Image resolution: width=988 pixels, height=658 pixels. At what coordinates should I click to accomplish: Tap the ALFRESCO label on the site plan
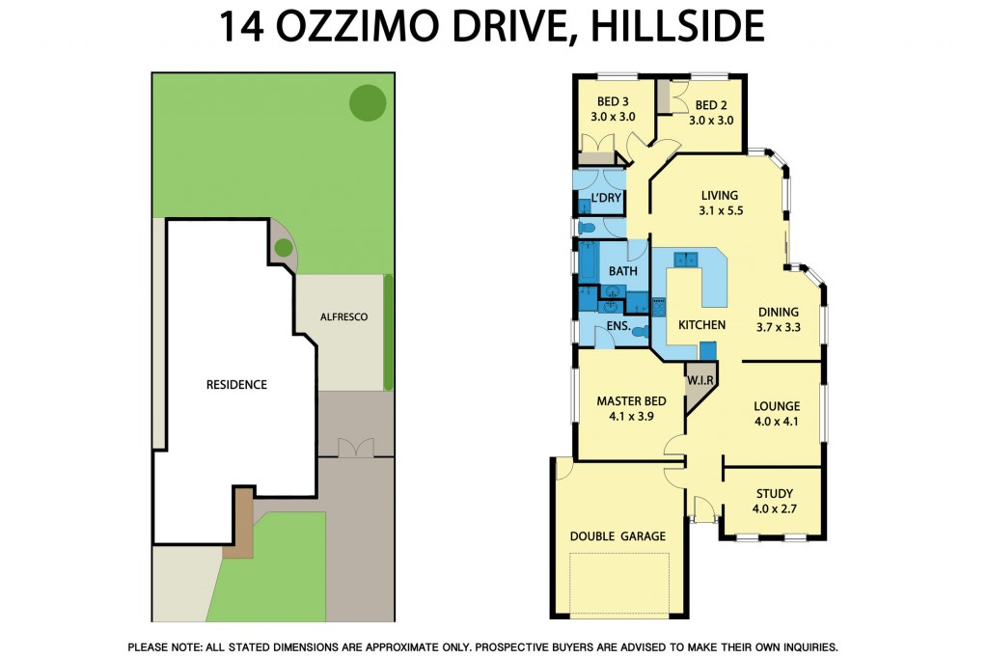(343, 316)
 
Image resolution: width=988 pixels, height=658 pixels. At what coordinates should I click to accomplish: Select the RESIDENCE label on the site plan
(236, 384)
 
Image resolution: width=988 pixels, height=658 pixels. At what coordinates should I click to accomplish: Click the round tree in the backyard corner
(367, 102)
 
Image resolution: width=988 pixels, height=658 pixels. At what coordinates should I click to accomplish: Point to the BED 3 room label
(614, 102)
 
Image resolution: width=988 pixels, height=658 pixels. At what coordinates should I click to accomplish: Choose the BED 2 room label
(711, 105)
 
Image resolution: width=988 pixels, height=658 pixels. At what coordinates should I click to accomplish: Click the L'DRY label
(606, 199)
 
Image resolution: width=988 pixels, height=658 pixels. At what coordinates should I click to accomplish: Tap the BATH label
(622, 272)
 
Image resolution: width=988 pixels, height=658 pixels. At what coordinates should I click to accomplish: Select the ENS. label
(618, 326)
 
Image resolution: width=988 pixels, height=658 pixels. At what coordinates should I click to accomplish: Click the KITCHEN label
(701, 325)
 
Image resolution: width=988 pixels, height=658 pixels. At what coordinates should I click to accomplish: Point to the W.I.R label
(700, 381)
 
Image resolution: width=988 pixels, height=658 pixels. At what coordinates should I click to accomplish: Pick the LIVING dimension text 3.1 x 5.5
(721, 209)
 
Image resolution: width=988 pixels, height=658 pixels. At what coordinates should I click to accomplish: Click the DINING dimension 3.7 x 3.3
(778, 327)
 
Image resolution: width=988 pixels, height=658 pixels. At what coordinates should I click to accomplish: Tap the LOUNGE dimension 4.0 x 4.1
(776, 422)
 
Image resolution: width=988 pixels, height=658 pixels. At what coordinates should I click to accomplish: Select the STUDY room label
(774, 494)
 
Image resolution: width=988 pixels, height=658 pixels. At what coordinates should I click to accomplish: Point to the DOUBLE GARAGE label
(617, 536)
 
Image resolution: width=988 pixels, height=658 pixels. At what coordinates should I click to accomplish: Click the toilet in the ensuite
(638, 330)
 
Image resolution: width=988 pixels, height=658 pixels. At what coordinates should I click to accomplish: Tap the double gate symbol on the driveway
(355, 448)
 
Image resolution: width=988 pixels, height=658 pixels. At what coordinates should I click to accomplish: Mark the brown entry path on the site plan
(241, 521)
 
